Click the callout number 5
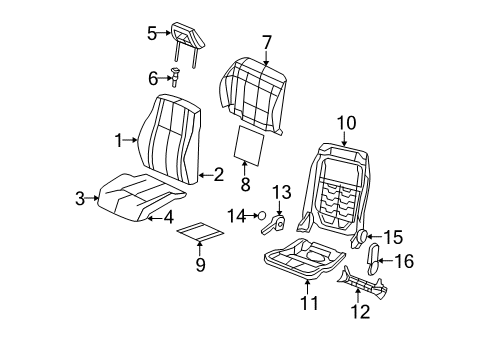pyautogui.click(x=152, y=33)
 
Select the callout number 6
pyautogui.click(x=153, y=77)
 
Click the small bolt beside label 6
pyautogui.click(x=174, y=76)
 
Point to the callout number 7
pyautogui.click(x=267, y=41)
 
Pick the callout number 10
pyautogui.click(x=346, y=123)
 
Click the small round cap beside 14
pyautogui.click(x=262, y=214)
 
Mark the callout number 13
pyautogui.click(x=280, y=192)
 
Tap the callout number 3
pyautogui.click(x=80, y=198)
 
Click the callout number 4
pyautogui.click(x=169, y=215)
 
